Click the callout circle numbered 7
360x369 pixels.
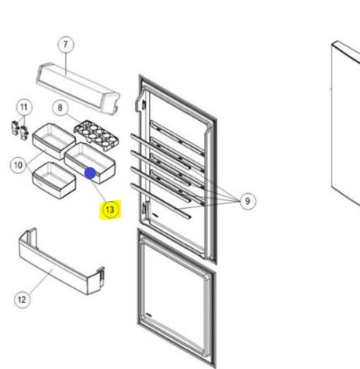[65, 45]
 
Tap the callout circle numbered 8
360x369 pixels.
[60, 108]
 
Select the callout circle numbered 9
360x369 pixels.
[247, 201]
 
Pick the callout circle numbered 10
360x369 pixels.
[18, 165]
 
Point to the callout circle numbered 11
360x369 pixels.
[24, 107]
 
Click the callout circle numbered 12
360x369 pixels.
[22, 300]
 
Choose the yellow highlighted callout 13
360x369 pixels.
[110, 210]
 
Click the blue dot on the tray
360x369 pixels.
[90, 174]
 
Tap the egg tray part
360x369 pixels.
[96, 135]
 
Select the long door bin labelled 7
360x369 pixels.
[78, 88]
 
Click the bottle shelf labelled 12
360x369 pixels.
[62, 261]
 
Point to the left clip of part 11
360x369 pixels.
[15, 128]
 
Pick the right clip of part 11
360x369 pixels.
[24, 133]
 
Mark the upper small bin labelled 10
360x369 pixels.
[54, 141]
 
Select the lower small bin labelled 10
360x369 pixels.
[54, 181]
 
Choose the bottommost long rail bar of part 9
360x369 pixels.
[160, 201]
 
